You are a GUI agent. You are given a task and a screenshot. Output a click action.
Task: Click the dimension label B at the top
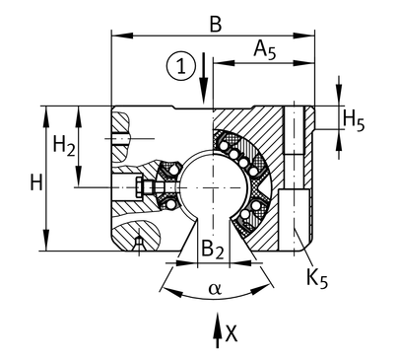[x=216, y=25]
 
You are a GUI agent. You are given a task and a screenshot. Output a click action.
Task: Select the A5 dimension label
[x=265, y=50]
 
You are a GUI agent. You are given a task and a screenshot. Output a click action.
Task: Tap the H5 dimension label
[x=354, y=120]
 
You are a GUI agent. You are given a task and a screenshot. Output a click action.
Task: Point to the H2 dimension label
[x=64, y=146]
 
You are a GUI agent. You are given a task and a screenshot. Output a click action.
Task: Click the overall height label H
[x=36, y=182]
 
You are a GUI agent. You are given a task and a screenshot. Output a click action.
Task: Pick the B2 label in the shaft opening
[x=213, y=249]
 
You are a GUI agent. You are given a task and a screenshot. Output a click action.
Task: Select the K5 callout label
[x=317, y=278]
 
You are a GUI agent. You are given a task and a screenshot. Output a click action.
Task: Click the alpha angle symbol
[x=216, y=289]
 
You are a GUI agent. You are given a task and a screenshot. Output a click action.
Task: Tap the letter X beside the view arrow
[x=232, y=334]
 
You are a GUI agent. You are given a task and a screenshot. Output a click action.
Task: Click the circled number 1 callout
[x=181, y=66]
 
